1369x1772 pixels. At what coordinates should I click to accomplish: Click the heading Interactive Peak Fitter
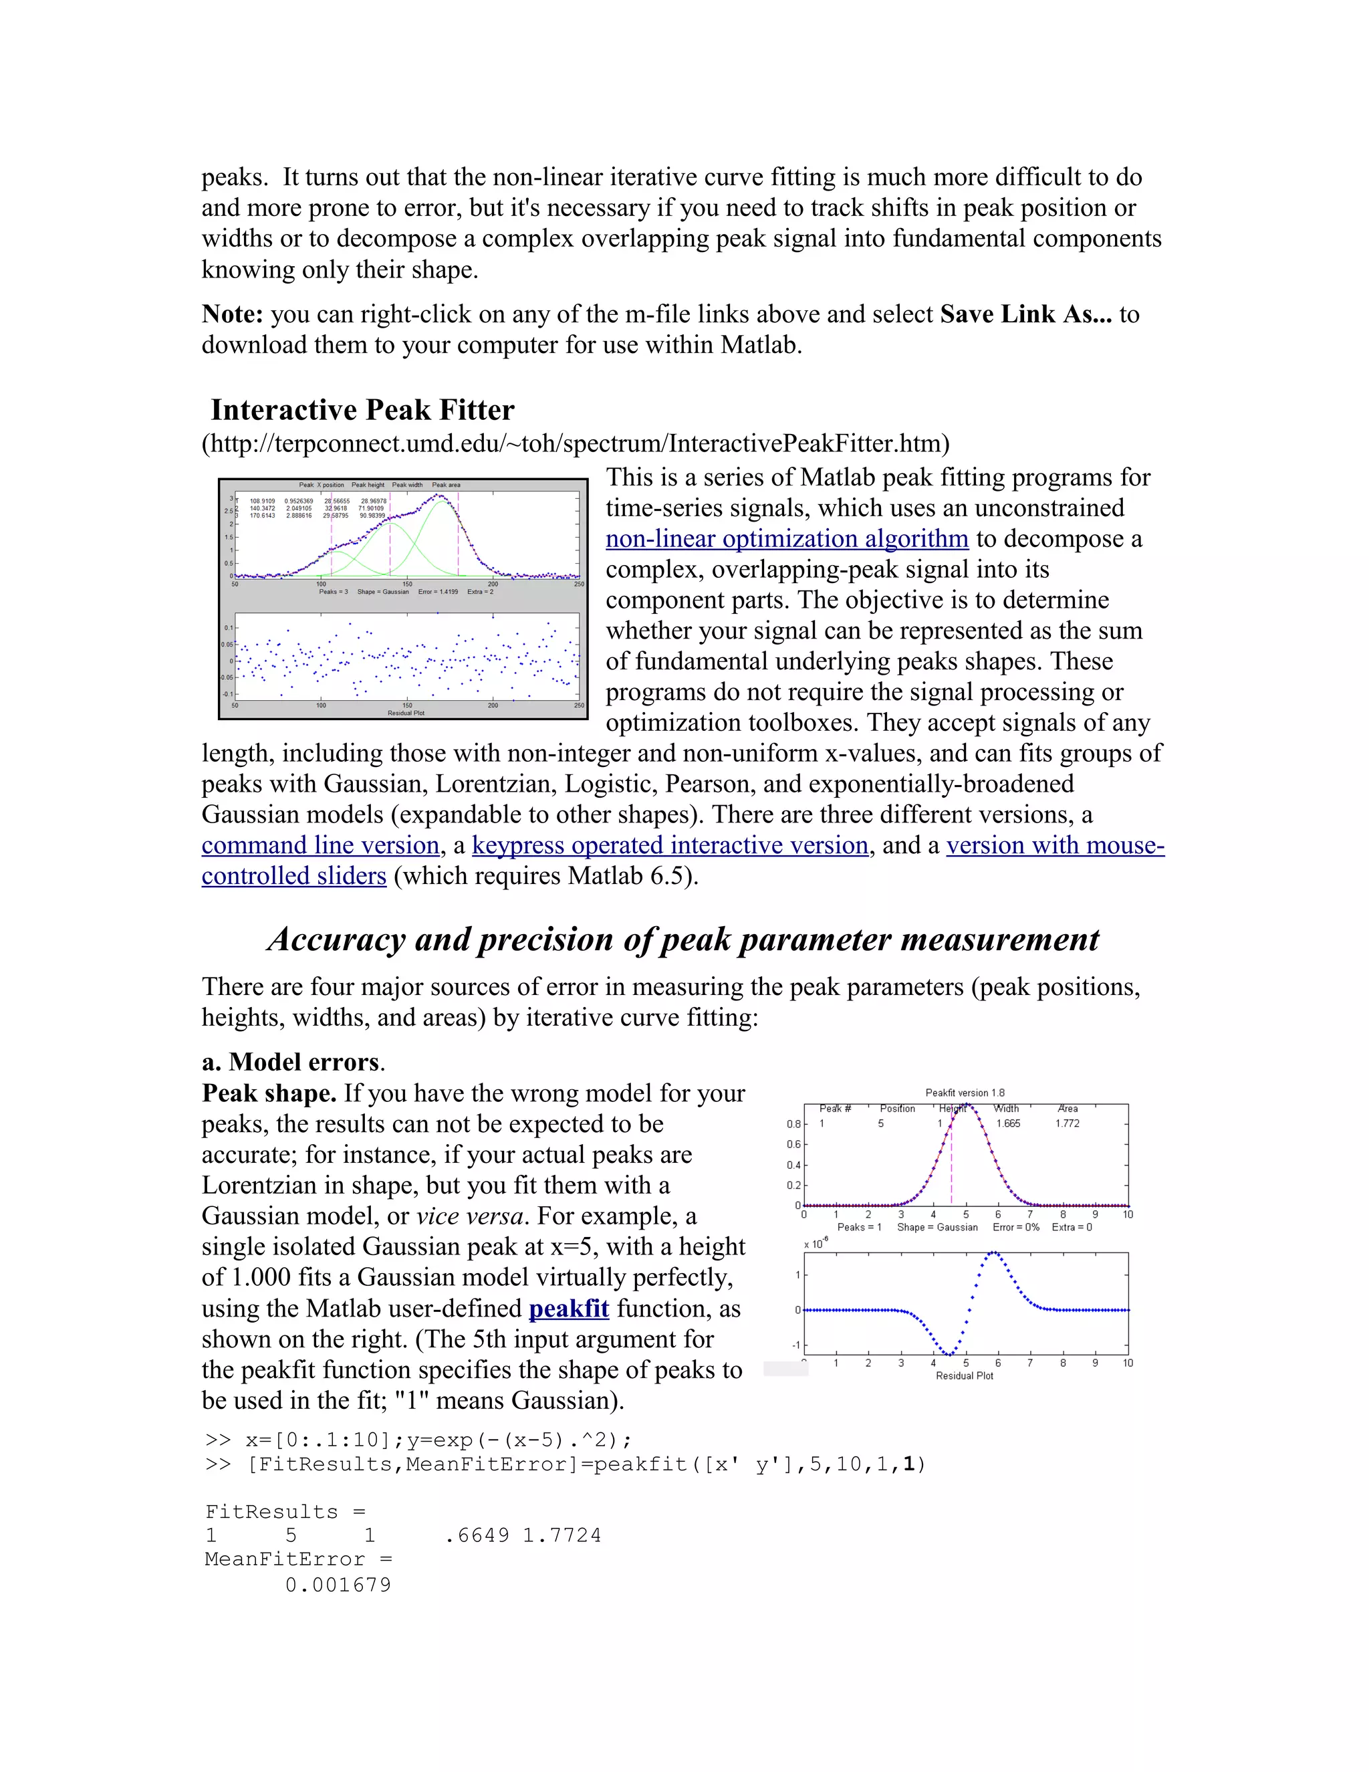(x=362, y=410)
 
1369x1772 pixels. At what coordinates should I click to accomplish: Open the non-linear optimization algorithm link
(x=787, y=539)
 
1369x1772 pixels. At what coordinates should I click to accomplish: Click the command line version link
(x=320, y=845)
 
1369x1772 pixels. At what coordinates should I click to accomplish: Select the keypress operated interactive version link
(x=670, y=845)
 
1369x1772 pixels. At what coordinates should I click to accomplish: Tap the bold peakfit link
(x=569, y=1309)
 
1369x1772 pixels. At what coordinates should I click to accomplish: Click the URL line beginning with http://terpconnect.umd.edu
(x=575, y=444)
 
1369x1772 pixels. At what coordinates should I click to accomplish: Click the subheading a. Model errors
(x=292, y=1062)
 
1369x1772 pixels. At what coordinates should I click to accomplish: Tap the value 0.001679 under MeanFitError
(x=338, y=1585)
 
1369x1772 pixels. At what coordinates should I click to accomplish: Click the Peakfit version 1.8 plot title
(x=965, y=1093)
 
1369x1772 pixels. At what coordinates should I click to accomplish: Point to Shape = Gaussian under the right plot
(x=937, y=1227)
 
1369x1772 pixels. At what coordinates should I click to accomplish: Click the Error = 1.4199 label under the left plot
(x=438, y=592)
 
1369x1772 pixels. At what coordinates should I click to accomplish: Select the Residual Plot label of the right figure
(x=965, y=1375)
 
